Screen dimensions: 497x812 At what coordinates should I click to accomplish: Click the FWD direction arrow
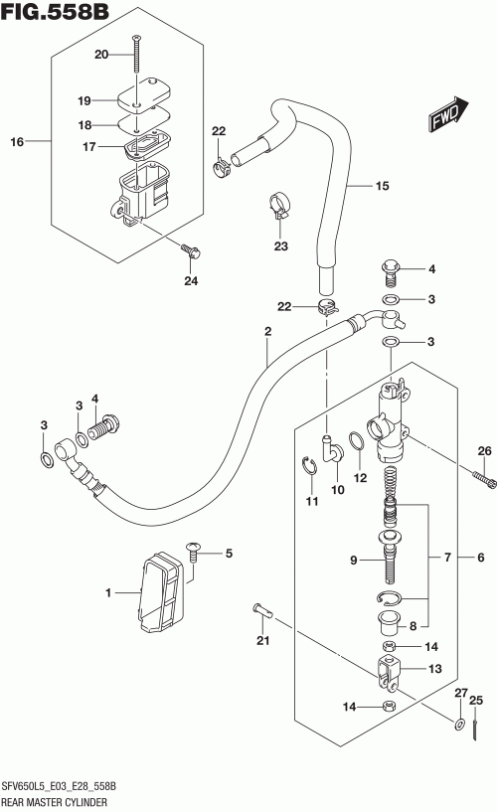(448, 114)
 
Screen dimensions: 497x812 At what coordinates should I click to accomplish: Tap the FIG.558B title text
(56, 11)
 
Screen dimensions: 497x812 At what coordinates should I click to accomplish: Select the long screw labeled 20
(137, 54)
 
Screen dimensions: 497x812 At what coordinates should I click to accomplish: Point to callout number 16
(17, 141)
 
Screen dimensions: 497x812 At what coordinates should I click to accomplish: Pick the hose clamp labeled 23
(280, 206)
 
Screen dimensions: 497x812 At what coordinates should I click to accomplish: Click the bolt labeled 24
(191, 251)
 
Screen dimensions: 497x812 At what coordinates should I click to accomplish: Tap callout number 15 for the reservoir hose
(382, 186)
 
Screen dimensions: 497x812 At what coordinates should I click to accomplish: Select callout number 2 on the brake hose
(267, 331)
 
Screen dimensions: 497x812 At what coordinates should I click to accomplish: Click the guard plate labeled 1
(161, 593)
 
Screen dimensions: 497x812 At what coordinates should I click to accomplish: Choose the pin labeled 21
(263, 610)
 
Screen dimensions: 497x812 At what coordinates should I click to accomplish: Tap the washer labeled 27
(459, 724)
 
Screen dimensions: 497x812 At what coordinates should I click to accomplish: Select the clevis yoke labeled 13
(389, 672)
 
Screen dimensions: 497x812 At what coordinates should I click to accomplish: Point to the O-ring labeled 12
(357, 441)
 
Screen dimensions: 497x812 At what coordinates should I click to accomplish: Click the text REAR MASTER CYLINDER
(55, 803)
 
